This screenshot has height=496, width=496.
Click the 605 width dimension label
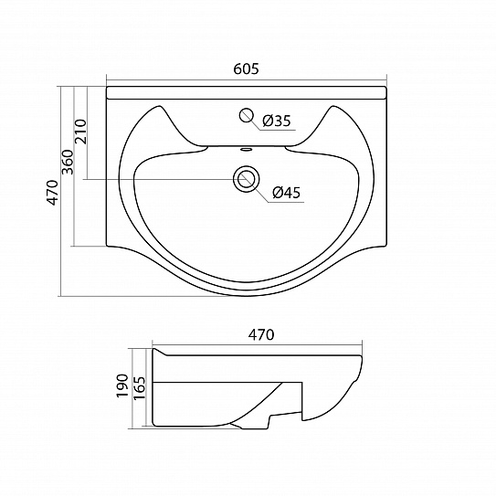(246, 69)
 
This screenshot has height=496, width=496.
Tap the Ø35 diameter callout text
(277, 121)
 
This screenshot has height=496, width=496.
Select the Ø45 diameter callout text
(286, 193)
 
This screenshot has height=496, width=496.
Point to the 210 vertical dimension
(80, 132)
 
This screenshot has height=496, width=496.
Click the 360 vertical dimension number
(68, 162)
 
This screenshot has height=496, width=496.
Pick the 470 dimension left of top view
(53, 193)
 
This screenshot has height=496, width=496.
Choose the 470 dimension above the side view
(261, 334)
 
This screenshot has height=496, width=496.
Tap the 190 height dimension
(122, 385)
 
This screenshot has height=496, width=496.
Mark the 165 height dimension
(139, 388)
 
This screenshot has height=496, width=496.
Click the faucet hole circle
(246, 115)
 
